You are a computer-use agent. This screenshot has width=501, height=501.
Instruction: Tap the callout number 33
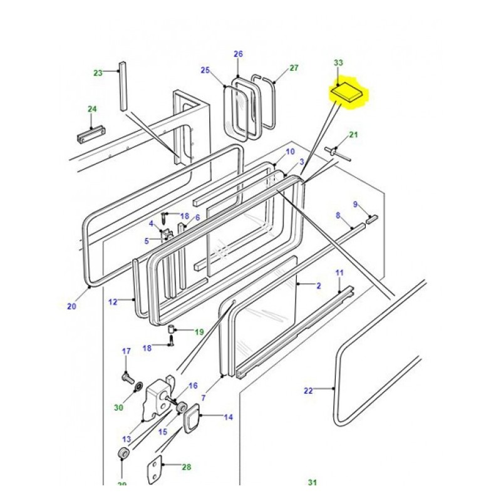[338, 63]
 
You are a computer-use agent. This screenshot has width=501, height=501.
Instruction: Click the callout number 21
[353, 135]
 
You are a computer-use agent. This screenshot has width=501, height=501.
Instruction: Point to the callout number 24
[92, 109]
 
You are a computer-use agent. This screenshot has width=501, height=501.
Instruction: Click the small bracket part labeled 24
[91, 135]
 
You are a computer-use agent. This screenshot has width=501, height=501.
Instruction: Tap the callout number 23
[98, 73]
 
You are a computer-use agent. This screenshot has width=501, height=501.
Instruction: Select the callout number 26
[238, 54]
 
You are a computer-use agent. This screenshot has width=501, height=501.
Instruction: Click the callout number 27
[294, 68]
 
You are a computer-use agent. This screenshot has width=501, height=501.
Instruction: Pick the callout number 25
[205, 70]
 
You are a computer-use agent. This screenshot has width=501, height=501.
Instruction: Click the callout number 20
[71, 306]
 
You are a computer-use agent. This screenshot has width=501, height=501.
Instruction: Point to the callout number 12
[113, 302]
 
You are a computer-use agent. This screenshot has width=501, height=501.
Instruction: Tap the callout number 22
[307, 391]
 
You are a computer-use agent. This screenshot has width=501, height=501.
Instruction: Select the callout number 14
[228, 416]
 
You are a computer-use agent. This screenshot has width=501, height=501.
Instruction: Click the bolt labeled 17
[127, 377]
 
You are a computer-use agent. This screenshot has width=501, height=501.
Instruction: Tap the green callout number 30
[118, 408]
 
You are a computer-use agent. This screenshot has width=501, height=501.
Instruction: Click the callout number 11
[339, 272]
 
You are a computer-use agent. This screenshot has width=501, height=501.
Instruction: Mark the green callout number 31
[312, 482]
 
